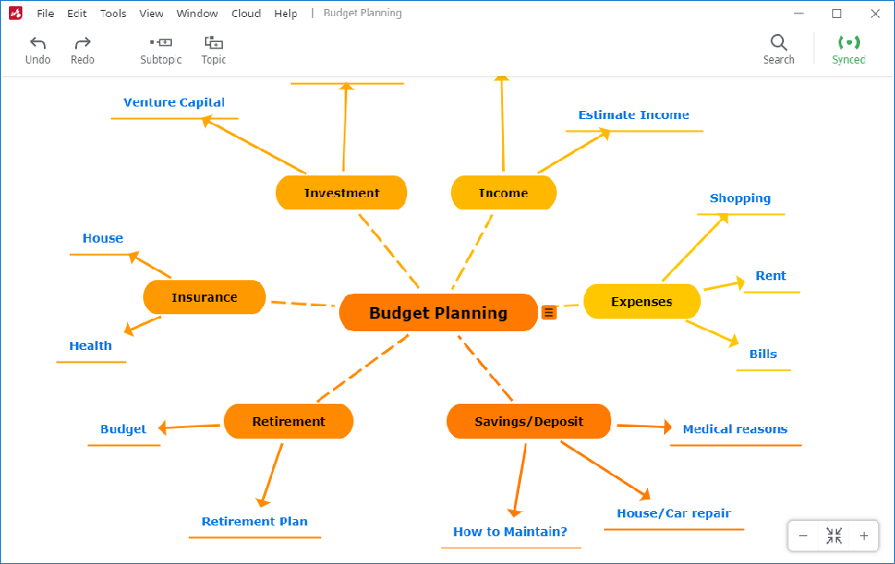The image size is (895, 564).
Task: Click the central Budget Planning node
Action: coord(438,312)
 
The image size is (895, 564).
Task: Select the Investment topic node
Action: coord(341,192)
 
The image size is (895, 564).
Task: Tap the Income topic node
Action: coord(503,192)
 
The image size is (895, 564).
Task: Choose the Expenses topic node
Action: coord(641,302)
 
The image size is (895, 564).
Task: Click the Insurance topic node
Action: coord(204,297)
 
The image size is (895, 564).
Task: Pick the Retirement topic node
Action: coord(288,421)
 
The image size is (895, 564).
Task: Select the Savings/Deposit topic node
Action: coord(528,421)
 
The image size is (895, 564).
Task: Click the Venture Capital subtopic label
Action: coord(174,103)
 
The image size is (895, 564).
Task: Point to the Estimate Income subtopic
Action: coord(633,115)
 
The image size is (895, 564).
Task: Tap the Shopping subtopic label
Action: coord(739,199)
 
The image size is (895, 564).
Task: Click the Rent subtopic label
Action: coord(770,276)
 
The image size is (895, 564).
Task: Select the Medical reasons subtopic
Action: coord(734,430)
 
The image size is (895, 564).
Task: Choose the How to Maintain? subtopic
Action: coord(509,532)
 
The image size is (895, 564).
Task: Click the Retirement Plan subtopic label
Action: coord(254,522)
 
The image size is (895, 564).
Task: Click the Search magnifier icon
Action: coord(778,43)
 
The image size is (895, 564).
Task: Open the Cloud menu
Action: coord(245,13)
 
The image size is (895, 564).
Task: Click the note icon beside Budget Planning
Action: coord(549,312)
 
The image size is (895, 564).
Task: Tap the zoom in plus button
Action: coord(863,536)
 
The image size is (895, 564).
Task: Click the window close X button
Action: coord(874,13)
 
